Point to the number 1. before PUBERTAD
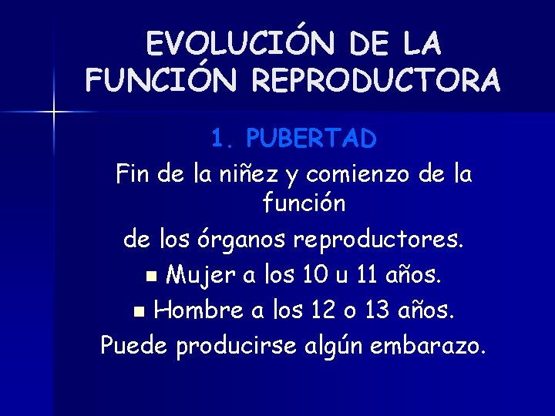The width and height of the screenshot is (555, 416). point(224,139)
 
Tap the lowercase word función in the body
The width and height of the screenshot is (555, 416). point(304,204)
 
